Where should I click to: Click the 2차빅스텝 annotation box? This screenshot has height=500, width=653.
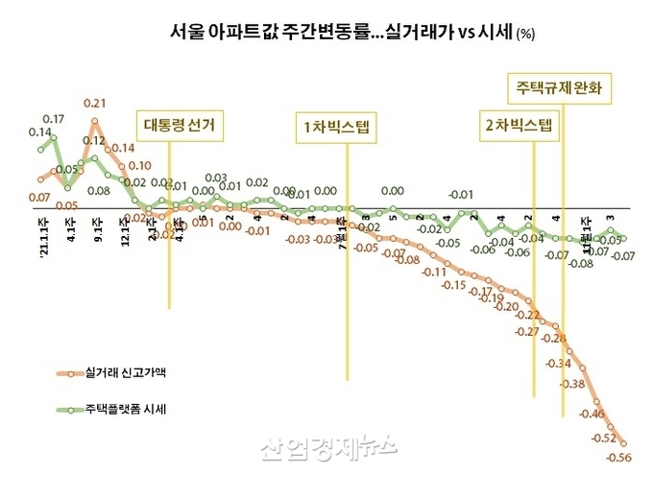[x=519, y=127]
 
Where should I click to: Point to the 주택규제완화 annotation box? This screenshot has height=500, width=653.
[x=559, y=88]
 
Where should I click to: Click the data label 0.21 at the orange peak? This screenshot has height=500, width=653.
[x=94, y=103]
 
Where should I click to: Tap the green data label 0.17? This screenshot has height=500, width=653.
[x=54, y=119]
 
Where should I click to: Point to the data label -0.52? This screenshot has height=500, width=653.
[x=604, y=438]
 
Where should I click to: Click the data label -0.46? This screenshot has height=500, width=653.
[x=592, y=414]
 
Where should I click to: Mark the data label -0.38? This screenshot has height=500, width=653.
[x=572, y=385]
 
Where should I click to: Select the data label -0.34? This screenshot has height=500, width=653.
[x=558, y=364]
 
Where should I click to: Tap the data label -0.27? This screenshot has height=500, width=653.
[x=526, y=332]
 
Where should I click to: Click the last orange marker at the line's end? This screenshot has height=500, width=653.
[x=624, y=443]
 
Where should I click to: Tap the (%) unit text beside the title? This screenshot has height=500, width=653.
[x=526, y=35]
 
